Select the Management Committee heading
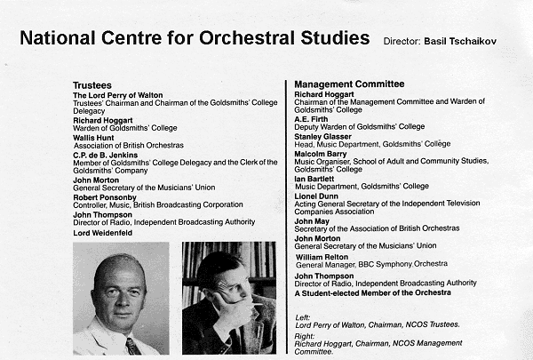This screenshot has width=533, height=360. click(349, 84)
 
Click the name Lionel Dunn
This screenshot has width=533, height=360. click(318, 195)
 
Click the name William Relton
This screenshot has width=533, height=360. click(325, 256)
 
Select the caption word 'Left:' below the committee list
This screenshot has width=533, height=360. click(303, 317)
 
